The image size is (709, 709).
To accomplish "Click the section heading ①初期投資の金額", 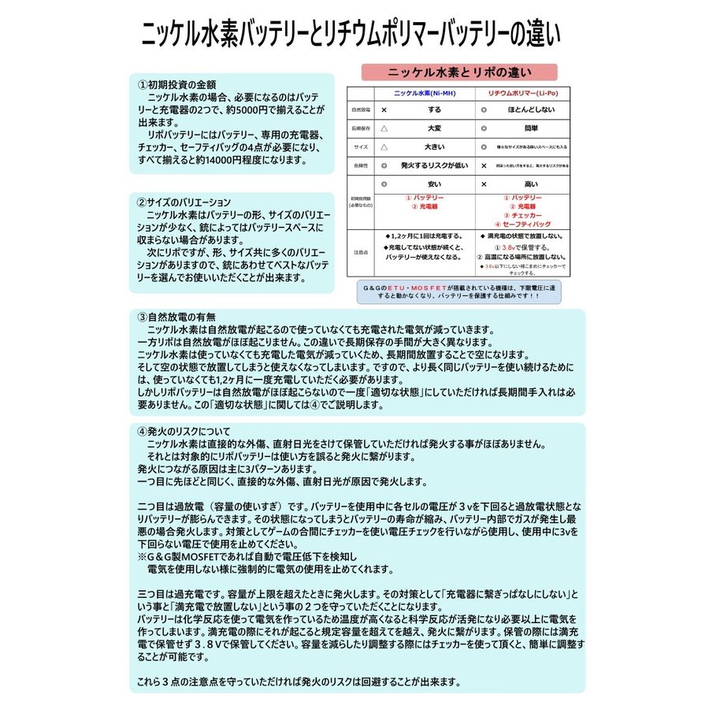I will [x=177, y=84].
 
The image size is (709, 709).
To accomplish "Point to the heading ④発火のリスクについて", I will [x=184, y=431].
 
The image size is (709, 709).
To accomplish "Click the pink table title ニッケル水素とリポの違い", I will [x=459, y=72].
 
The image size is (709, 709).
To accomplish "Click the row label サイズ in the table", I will [x=359, y=147].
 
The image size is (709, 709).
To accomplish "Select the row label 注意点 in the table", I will [x=359, y=252].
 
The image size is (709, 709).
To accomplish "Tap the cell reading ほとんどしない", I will [x=527, y=110].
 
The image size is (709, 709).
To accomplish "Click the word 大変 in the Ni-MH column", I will [x=434, y=128].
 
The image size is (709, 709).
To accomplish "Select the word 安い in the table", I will [x=434, y=184].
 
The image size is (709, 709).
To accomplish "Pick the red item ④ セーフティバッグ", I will [x=526, y=225].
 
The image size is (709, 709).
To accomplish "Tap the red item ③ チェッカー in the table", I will [x=526, y=215].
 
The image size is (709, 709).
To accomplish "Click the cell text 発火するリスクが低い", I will [x=434, y=166].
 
